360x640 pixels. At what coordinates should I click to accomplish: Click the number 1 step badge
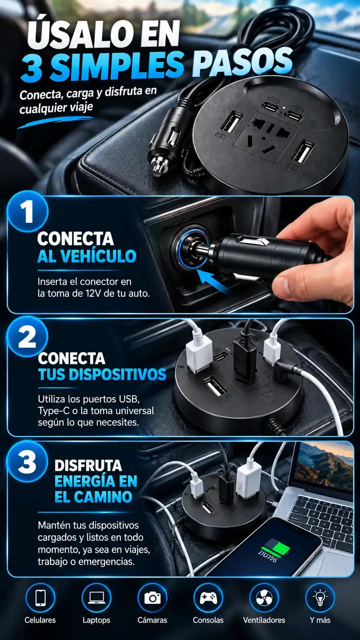(x=28, y=212)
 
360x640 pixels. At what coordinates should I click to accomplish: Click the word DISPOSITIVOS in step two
(x=117, y=374)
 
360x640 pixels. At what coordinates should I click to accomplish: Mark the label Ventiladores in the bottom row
(x=264, y=620)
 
